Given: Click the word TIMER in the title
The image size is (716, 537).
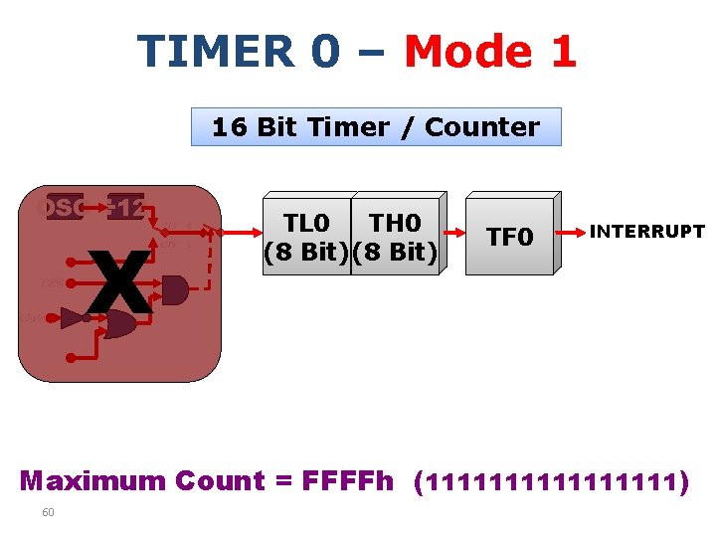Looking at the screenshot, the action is click(215, 52).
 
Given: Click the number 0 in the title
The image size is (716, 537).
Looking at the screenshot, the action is click(324, 52).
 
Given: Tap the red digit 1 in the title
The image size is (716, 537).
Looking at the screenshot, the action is click(563, 52).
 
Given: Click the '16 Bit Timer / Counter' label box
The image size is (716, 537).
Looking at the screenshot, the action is click(376, 127).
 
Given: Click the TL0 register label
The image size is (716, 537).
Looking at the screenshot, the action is click(308, 223).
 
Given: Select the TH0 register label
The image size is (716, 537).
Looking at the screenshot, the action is click(395, 223).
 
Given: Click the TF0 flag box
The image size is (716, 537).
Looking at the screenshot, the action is click(509, 237).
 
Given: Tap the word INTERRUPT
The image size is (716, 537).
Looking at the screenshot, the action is click(647, 232).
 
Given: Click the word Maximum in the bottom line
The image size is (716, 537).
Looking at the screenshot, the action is click(93, 481).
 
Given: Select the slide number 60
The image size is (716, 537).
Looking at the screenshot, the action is click(48, 512).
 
